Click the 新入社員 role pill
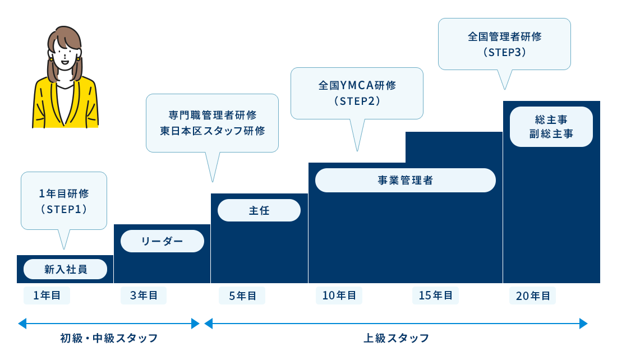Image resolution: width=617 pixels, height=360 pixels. [x=65, y=269]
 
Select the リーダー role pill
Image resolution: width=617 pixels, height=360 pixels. [x=162, y=241]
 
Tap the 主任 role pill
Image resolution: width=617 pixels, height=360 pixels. [x=259, y=210]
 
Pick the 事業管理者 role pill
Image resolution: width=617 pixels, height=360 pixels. [x=405, y=181]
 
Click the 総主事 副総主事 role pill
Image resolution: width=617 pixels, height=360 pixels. [x=551, y=127]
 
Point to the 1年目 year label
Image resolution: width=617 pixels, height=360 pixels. [x=47, y=296]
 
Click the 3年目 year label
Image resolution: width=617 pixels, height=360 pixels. [x=144, y=296]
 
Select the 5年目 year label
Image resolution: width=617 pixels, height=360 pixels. [x=242, y=296]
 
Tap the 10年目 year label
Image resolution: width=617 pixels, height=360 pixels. [x=339, y=296]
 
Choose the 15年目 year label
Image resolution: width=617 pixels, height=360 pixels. [x=435, y=296]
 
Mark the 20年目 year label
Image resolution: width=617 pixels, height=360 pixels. [x=532, y=296]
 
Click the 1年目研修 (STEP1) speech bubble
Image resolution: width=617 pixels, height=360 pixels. [x=64, y=201]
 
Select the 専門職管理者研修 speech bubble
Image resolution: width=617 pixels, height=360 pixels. [x=212, y=123]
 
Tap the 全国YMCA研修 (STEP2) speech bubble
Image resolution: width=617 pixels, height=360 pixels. [x=357, y=93]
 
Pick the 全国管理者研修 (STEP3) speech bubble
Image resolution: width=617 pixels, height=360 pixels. [x=504, y=44]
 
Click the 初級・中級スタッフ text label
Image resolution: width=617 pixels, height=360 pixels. [x=109, y=338]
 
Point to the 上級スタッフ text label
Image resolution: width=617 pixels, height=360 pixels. [x=396, y=338]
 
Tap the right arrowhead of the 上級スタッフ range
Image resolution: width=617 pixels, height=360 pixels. [x=583, y=324]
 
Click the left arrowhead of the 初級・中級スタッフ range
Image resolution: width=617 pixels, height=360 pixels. [x=22, y=324]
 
